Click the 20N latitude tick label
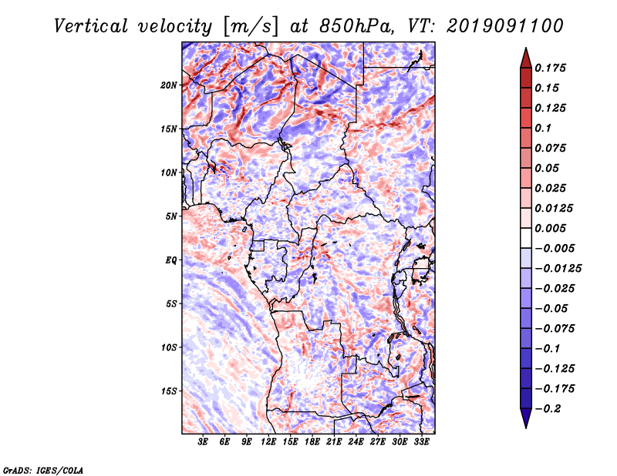(168, 85)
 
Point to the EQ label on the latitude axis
(171, 260)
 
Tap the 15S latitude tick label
(169, 391)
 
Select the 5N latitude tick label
(171, 216)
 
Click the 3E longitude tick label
(203, 442)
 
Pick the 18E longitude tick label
(312, 442)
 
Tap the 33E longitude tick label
(421, 442)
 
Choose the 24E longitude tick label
(356, 442)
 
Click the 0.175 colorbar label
(550, 68)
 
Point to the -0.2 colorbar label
(548, 409)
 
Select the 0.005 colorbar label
(550, 228)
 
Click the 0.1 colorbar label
(543, 128)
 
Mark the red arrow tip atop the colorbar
(526, 48)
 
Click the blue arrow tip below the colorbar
(526, 427)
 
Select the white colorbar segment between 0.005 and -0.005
(526, 238)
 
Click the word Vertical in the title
(91, 26)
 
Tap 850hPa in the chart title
(356, 26)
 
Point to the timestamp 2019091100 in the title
(505, 26)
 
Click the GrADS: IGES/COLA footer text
(43, 471)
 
